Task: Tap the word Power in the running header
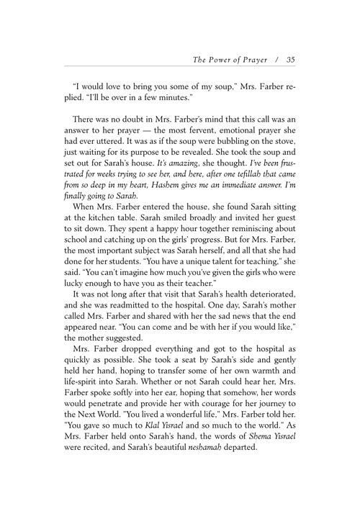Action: (x=220, y=60)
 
